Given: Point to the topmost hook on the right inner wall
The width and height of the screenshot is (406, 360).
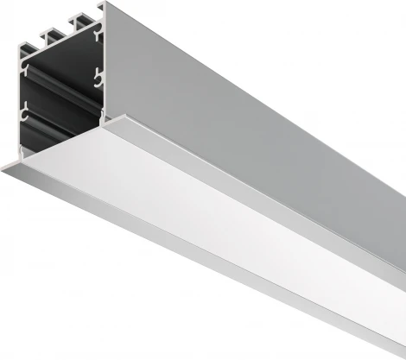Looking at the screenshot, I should [98, 36].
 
